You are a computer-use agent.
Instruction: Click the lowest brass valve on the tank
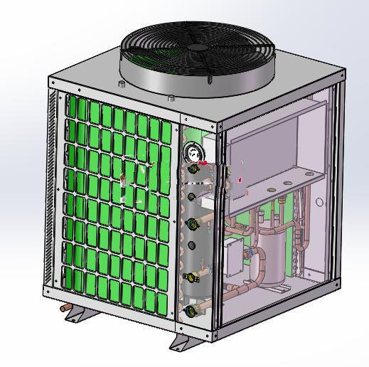coord(191,310)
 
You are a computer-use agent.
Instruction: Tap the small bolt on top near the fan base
coord(171,96)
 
